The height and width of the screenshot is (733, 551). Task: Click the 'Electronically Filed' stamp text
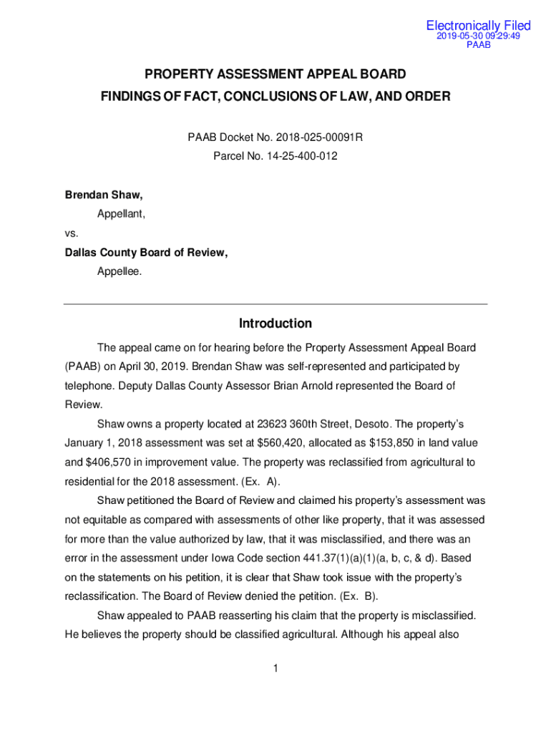click(478, 26)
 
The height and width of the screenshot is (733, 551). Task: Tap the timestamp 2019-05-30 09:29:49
click(478, 36)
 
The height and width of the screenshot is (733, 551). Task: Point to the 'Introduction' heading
click(275, 324)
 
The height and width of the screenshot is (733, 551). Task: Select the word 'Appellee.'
click(120, 271)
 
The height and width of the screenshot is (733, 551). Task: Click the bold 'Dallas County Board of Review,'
click(146, 252)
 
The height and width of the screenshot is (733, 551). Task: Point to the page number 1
click(275, 669)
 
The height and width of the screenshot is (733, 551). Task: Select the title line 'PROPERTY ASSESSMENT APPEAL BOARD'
click(275, 74)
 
